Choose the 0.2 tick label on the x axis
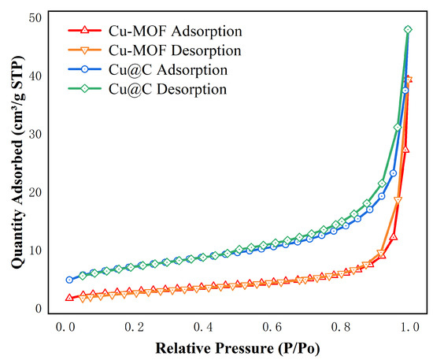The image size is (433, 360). tap(135, 326)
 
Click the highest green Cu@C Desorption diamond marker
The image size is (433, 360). tap(408, 30)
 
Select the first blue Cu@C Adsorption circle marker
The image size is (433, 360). tap(69, 280)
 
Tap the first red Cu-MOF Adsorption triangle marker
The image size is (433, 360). tap(69, 298)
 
